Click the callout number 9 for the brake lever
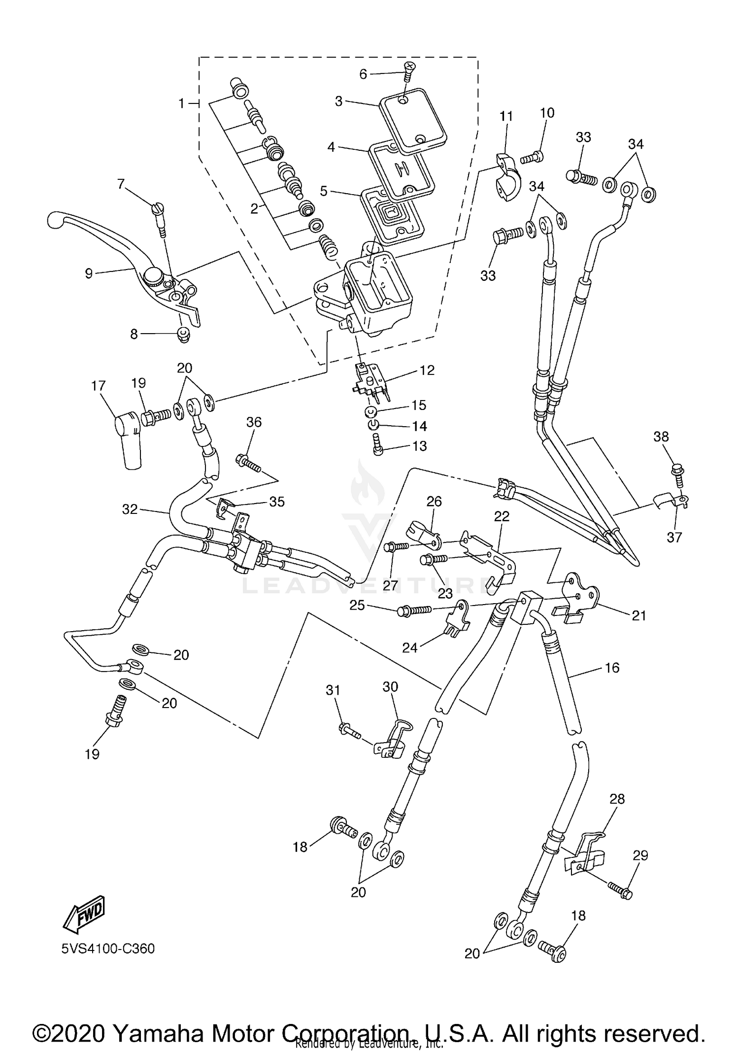(89, 273)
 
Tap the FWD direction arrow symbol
(84, 915)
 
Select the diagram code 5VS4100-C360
(108, 949)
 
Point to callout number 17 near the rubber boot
(99, 385)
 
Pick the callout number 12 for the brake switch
(427, 370)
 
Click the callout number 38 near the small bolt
(661, 437)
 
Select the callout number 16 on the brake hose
(612, 668)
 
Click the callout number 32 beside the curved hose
(130, 509)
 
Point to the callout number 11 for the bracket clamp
(506, 116)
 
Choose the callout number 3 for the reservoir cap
(338, 102)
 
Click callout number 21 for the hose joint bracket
(638, 615)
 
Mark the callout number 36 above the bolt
(254, 422)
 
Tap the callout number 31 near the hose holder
(333, 690)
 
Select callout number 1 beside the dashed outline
(181, 103)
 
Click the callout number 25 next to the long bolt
(357, 605)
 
